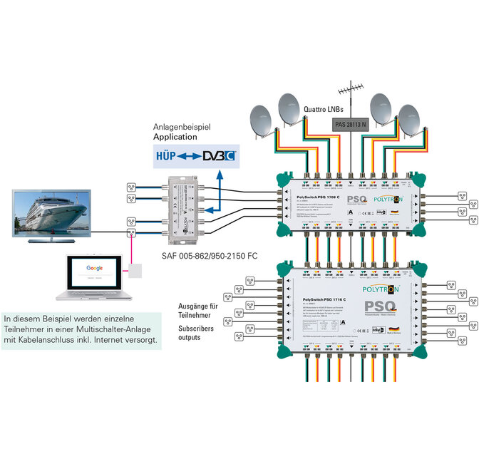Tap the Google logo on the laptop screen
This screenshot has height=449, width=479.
pos(95,267)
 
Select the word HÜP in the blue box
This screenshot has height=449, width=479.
pos(167,155)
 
